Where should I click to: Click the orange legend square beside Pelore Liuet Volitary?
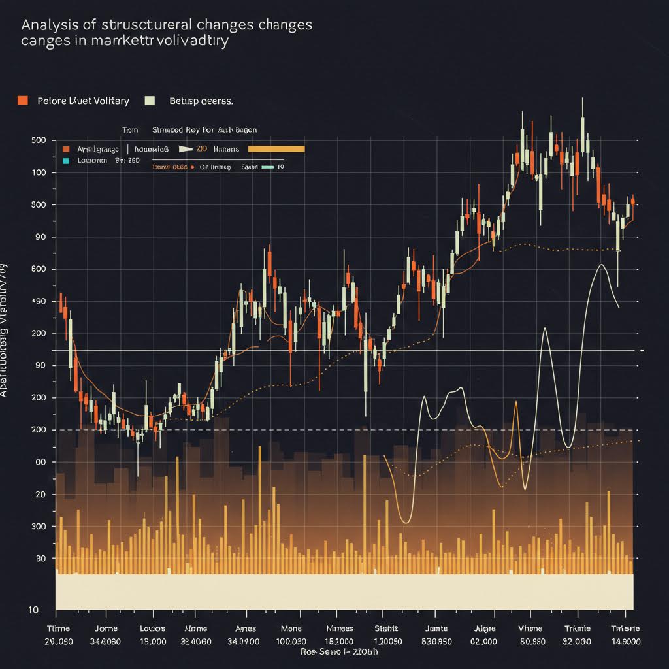23,101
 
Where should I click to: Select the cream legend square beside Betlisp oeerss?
150,101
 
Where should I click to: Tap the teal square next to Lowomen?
65,159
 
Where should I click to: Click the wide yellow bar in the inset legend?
277,149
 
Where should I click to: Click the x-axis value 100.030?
291,641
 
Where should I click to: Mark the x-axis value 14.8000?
626,641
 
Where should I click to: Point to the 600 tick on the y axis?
39,269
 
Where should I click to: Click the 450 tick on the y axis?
39,301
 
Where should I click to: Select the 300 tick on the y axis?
39,526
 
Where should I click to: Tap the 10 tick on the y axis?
32,610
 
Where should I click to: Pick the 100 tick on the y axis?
39,172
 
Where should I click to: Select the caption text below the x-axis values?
339,652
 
